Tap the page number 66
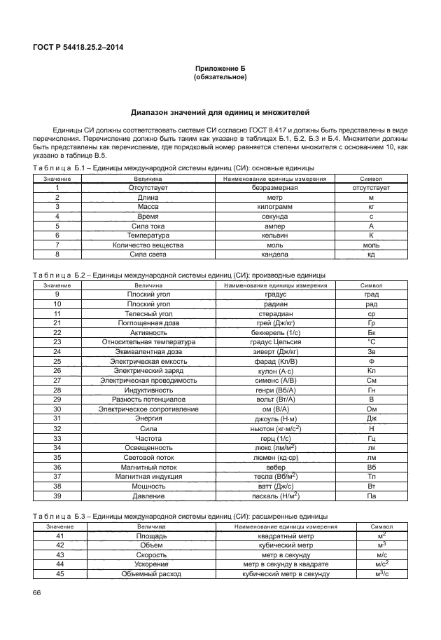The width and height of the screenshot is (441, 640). pos(37,594)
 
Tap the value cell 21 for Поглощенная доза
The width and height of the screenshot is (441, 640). pos(57,323)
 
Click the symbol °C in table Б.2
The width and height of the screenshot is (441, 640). pos(371,342)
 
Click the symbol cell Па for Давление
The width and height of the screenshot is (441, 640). pos(371,495)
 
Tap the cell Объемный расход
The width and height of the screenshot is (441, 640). pos(150,573)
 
